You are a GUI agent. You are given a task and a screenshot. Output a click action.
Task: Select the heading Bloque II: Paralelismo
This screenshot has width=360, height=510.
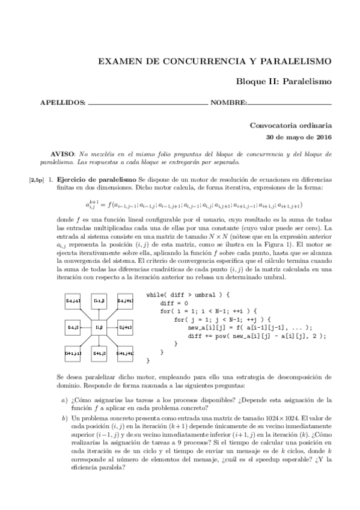(x=284, y=81)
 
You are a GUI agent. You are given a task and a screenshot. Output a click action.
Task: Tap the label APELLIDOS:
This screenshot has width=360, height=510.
(x=63, y=102)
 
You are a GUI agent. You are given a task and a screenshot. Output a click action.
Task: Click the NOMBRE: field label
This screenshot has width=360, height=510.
(x=228, y=102)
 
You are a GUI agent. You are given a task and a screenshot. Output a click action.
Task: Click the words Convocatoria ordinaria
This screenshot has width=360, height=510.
(x=290, y=126)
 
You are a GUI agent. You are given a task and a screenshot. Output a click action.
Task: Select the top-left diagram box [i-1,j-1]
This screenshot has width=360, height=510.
(x=73, y=300)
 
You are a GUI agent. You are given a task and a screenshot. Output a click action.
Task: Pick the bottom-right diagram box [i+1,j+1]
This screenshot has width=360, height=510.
(x=125, y=354)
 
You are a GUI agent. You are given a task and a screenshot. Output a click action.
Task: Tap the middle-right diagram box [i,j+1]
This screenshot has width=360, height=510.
(x=125, y=327)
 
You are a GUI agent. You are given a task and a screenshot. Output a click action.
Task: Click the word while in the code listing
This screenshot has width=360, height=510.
(x=156, y=295)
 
